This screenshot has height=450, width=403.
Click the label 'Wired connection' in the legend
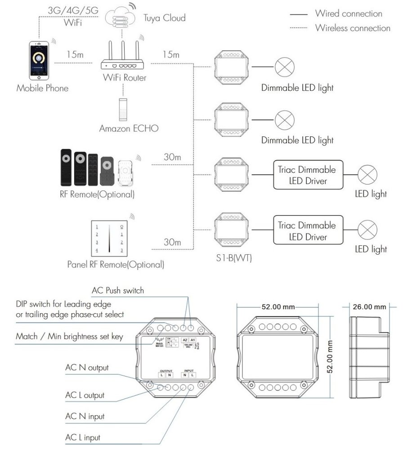348,14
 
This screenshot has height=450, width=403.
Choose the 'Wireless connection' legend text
352,28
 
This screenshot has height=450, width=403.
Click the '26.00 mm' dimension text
368,307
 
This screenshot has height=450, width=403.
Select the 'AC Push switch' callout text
118,290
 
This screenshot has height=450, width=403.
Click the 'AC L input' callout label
83,437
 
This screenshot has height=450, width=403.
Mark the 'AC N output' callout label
86,368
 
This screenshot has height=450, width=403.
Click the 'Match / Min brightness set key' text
69,336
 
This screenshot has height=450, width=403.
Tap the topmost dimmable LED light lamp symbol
284,68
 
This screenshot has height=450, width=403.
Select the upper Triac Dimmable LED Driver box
306,175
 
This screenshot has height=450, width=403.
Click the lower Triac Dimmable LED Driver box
306,231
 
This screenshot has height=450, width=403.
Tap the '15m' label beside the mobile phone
76,54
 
